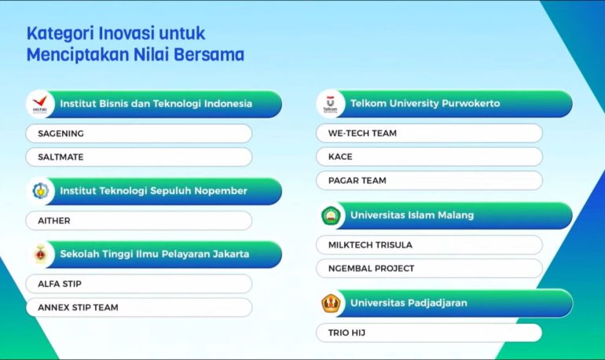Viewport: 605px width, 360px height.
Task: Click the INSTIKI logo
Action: [40, 104]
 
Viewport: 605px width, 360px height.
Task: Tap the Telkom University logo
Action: [330, 104]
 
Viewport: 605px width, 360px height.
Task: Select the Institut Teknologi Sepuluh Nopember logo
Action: [41, 190]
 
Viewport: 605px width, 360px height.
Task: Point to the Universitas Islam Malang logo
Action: [331, 215]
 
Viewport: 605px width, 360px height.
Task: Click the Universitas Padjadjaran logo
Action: [331, 303]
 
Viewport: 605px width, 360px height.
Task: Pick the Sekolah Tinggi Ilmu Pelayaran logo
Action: [40, 254]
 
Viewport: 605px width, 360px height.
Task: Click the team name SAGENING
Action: [60, 134]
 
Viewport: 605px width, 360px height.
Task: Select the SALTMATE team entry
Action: [60, 157]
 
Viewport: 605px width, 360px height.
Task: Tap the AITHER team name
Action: [54, 221]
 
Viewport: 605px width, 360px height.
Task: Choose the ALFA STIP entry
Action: [60, 284]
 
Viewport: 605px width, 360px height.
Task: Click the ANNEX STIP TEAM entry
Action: [78, 307]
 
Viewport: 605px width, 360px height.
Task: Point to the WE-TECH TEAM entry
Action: [362, 133]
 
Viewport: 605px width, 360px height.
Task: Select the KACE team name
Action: [340, 156]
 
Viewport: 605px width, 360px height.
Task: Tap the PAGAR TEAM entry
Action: [357, 181]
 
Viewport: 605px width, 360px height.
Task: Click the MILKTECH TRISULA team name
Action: [370, 245]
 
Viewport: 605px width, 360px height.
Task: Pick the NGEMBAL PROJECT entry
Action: [371, 269]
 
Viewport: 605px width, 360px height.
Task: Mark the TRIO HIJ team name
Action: [346, 332]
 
